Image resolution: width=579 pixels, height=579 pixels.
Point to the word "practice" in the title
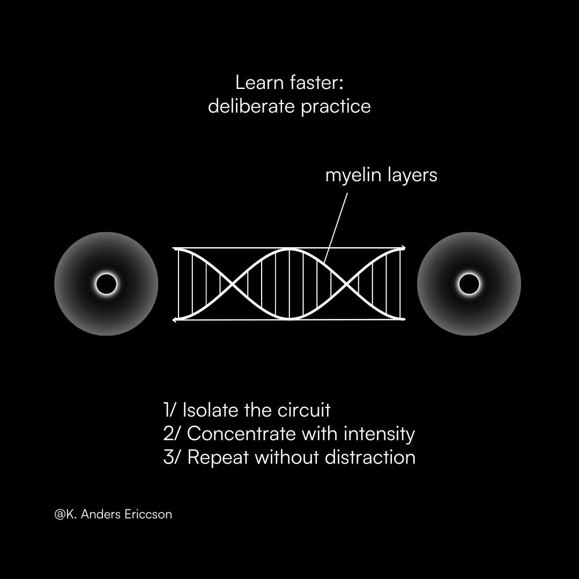click(x=336, y=106)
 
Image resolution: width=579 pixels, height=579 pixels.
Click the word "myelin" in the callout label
click(x=351, y=175)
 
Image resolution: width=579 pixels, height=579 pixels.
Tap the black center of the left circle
click(x=106, y=284)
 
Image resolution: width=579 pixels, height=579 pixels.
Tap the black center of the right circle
click(x=469, y=284)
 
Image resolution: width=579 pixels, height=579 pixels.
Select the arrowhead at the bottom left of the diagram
click(x=175, y=320)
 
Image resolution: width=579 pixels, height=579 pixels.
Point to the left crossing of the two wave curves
click(x=232, y=284)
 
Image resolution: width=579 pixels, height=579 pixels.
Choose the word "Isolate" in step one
click(x=210, y=410)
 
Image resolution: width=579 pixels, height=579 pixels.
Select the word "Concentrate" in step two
click(x=241, y=433)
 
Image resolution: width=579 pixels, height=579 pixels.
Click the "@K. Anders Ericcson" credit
click(x=113, y=514)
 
